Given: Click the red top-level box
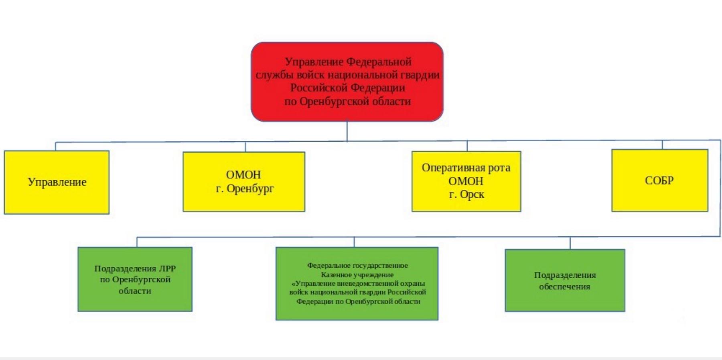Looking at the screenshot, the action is pos(347,81).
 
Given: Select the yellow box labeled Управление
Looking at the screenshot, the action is pos(57,182).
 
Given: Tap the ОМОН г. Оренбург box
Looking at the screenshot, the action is pos(244,181).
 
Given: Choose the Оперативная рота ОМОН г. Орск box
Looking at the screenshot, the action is pos(466,181).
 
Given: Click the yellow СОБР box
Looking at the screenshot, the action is pos(660,180).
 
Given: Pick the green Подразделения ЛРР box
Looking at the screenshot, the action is pos(135,279).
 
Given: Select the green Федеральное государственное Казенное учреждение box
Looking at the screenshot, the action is pos(357,283).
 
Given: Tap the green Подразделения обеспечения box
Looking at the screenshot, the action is pos(565,280).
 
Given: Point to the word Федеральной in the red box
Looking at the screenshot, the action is pos(379,62).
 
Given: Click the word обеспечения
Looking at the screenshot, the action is pos(564,287).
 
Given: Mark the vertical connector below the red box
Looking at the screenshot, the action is pos(347,131).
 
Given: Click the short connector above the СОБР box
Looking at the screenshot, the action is pos(662,144).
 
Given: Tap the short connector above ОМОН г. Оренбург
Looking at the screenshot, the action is pos(245,147).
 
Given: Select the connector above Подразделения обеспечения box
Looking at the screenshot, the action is pos(570,243).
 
